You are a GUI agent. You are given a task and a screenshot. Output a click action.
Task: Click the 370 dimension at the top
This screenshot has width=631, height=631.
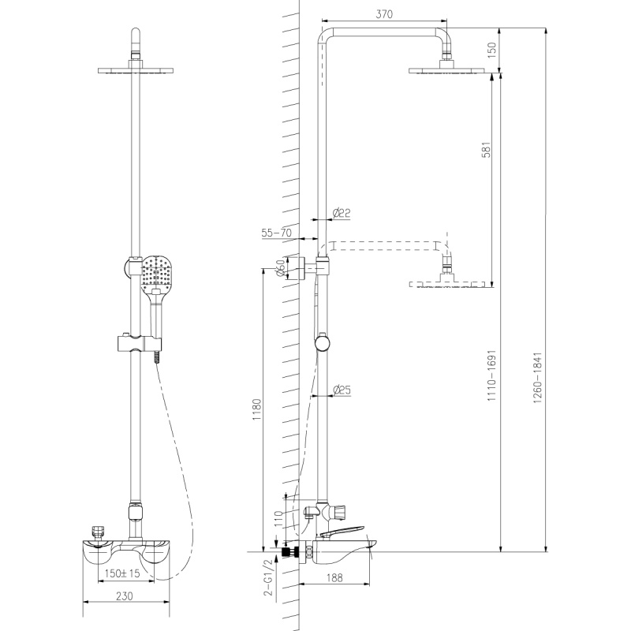pos(384,14)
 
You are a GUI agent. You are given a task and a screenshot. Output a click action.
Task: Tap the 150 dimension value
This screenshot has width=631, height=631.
pos(491,50)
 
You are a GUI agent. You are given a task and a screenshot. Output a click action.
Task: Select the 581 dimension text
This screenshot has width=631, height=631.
pos(487,149)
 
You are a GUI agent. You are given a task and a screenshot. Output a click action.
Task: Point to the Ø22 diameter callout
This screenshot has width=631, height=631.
pos(342,213)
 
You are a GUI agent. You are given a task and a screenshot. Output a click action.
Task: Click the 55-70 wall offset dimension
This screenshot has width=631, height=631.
pos(276,233)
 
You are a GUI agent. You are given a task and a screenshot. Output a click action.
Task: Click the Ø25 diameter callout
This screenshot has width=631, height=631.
pos(342,390)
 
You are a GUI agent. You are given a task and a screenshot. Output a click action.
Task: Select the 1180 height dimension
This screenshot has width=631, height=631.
pos(257,409)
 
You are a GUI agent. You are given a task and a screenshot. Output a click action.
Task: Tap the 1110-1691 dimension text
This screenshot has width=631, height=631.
pos(491,375)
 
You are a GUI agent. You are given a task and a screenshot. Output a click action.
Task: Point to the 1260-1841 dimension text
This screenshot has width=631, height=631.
pos(538,378)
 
